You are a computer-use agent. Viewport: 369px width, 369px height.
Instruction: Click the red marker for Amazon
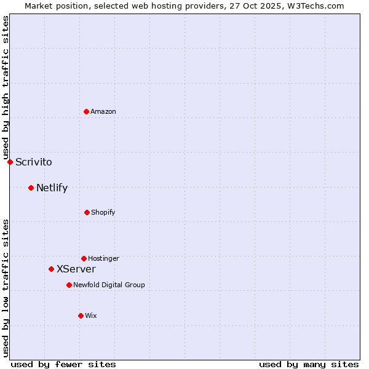click(x=86, y=111)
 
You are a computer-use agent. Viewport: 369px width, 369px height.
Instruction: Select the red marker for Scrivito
click(x=10, y=162)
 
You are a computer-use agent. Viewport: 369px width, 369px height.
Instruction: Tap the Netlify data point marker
click(x=31, y=188)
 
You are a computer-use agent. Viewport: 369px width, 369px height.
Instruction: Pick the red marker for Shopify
click(x=87, y=212)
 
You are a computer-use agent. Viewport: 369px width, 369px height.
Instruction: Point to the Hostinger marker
click(x=84, y=258)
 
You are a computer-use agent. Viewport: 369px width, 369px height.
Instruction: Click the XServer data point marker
click(x=51, y=269)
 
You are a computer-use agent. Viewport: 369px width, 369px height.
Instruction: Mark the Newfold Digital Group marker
click(x=69, y=285)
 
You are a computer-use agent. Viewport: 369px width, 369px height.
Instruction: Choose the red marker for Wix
click(x=81, y=315)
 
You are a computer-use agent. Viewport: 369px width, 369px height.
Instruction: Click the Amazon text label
click(x=103, y=112)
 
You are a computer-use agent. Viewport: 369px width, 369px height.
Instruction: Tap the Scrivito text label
click(x=34, y=162)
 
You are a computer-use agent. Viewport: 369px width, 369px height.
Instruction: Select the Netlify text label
click(x=52, y=188)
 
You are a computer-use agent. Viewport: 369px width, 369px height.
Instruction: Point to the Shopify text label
click(x=103, y=213)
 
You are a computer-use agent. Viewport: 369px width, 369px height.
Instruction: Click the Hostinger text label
click(x=103, y=259)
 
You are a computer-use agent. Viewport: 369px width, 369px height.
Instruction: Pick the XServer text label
click(x=76, y=269)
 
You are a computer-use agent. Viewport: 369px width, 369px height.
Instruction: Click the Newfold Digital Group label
click(x=109, y=285)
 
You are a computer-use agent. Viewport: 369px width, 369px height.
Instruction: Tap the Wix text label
click(x=91, y=316)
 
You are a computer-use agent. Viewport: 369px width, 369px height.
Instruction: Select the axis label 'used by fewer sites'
click(x=63, y=364)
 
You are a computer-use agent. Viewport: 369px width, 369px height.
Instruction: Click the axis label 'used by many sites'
click(x=309, y=364)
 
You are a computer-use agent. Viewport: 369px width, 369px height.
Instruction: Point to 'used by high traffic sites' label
click(x=6, y=87)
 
